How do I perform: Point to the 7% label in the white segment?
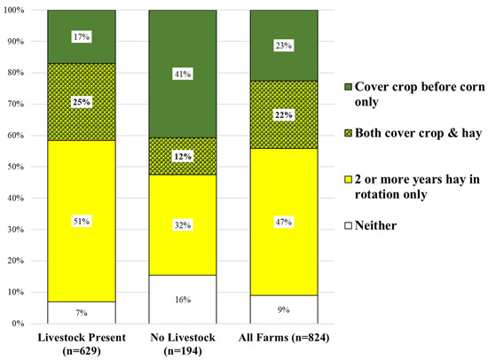tap(81, 312)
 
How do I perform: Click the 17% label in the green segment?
tap(81, 36)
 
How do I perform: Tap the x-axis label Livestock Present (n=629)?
tap(81, 342)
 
